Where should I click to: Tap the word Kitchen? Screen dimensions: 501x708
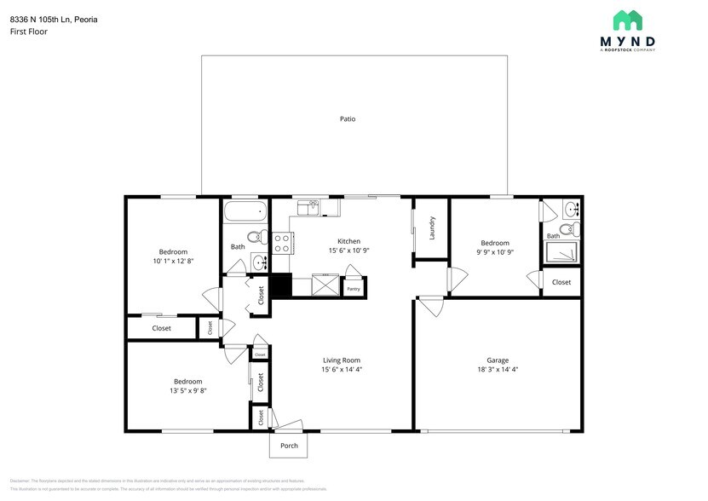(348, 240)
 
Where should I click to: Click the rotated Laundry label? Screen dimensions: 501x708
(432, 227)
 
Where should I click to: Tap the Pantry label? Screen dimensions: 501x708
(354, 289)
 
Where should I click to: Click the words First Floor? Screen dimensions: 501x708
(29, 32)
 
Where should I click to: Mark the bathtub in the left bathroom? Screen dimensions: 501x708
(245, 211)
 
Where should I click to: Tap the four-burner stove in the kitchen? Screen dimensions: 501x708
(283, 243)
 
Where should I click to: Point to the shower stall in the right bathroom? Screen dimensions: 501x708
(561, 251)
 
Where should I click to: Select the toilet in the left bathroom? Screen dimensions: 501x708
(254, 237)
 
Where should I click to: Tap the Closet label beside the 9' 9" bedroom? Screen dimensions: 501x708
(561, 282)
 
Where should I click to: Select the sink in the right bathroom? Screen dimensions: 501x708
(571, 209)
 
